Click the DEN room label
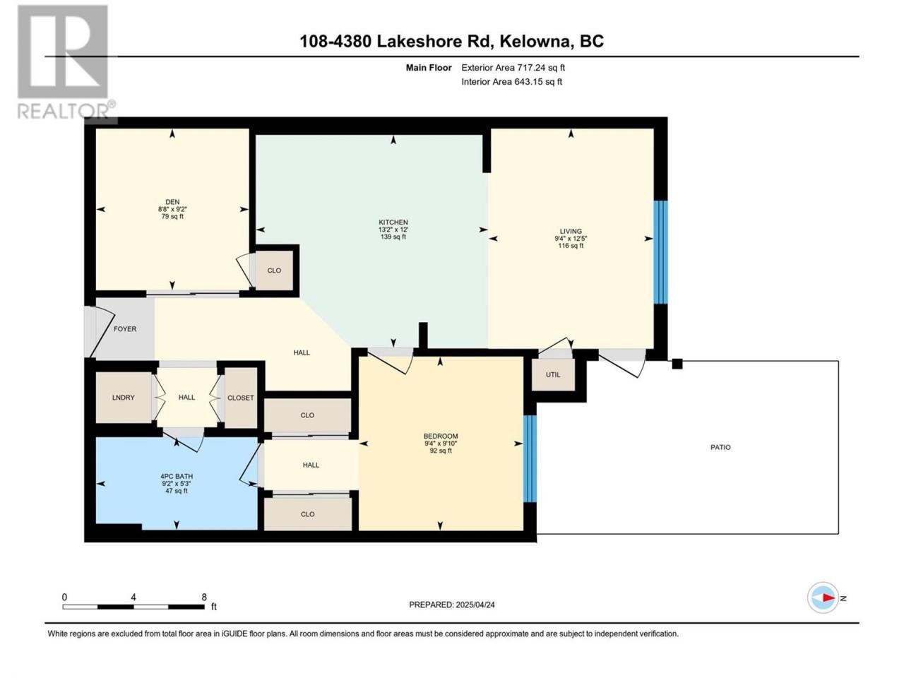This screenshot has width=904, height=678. click(172, 202)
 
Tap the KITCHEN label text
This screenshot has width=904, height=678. click(393, 222)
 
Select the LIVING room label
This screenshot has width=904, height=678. click(571, 232)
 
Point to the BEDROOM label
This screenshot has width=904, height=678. click(441, 436)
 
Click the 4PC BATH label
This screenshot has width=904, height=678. click(177, 476)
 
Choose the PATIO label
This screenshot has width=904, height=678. click(720, 447)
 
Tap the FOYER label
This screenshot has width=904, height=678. click(125, 329)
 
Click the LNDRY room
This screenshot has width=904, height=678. click(124, 398)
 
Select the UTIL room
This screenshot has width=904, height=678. click(553, 374)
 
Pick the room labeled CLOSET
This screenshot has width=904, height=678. click(241, 398)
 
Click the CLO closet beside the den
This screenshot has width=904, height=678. click(274, 270)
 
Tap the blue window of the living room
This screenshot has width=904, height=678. click(660, 252)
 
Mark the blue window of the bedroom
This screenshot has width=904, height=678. click(530, 458)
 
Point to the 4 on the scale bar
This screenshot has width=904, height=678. click(133, 597)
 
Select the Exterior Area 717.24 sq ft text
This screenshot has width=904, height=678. click(513, 68)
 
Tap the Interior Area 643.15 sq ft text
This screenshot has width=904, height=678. click(511, 81)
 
